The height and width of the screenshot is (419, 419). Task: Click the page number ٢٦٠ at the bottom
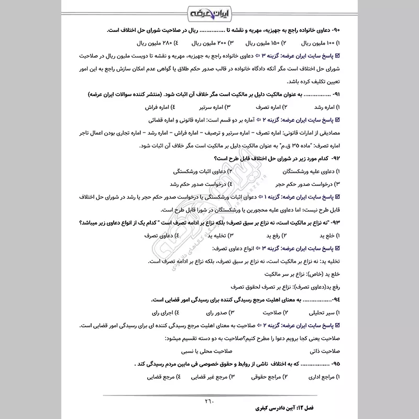pyautogui.click(x=209, y=402)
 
